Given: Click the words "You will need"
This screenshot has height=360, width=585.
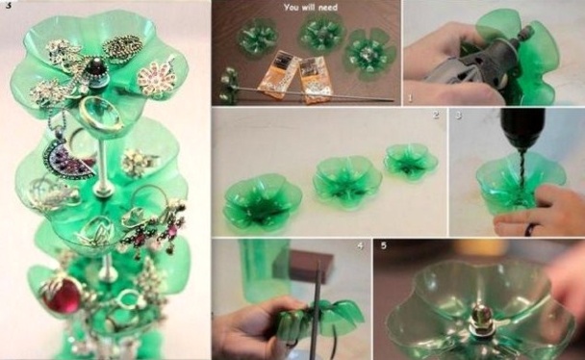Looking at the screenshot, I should point(306,9).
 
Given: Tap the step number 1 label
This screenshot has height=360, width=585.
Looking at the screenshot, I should point(409,97).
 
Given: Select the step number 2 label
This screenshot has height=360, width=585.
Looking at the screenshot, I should point(435,116).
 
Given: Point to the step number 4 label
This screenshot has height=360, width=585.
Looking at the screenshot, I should point(360,246).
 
